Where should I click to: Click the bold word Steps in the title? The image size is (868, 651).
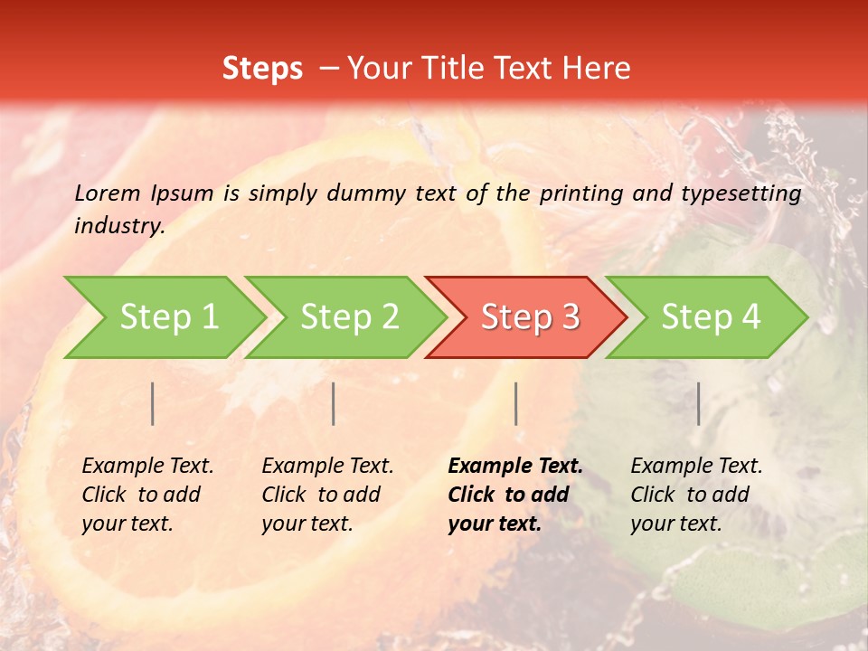[262, 69]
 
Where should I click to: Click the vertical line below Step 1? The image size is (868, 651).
[153, 403]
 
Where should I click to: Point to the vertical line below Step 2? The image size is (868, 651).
[334, 403]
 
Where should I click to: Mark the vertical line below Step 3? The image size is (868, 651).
[516, 403]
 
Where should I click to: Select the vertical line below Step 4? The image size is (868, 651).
[699, 403]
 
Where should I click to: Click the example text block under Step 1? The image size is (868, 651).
[147, 495]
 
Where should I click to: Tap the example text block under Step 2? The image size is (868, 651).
[327, 495]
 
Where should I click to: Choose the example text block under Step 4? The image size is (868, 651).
[696, 495]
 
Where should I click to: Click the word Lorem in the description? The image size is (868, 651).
[108, 193]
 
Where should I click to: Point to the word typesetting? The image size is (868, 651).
[741, 193]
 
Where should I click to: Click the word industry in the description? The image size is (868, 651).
[119, 226]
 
